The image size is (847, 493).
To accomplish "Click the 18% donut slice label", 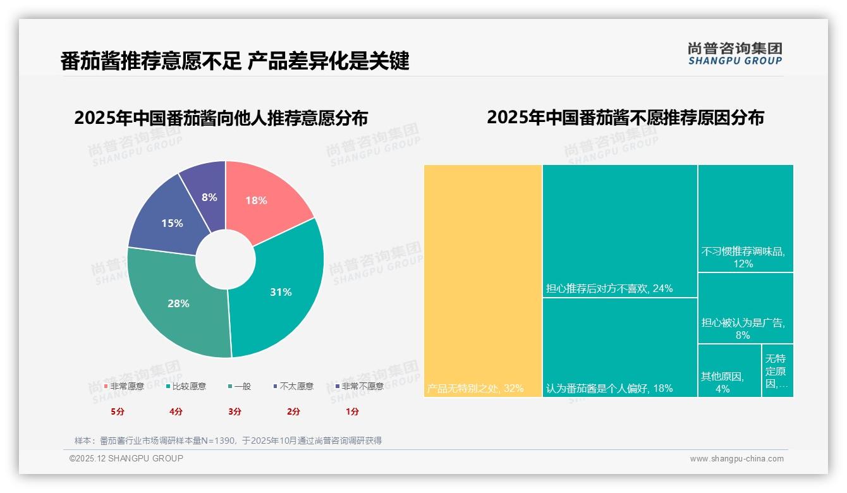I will (256, 200).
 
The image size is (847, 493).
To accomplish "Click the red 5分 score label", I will (118, 411).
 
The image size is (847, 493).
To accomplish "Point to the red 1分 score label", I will (352, 411).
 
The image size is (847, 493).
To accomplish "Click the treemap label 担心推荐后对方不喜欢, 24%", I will (609, 289).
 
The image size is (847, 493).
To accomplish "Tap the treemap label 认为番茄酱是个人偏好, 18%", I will (609, 388).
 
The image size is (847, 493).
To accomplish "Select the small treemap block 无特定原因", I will (777, 370).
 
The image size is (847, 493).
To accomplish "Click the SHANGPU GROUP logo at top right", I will (734, 53).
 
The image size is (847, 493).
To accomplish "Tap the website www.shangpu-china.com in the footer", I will (736, 459).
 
